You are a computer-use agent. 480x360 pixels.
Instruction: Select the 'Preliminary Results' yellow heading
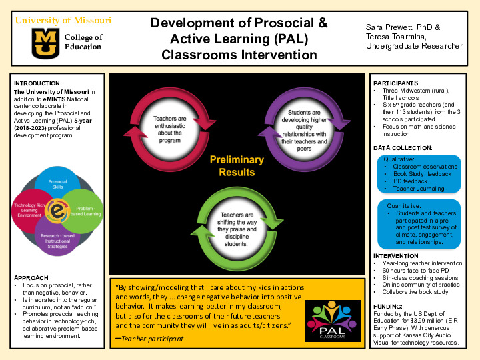pyautogui.click(x=233, y=165)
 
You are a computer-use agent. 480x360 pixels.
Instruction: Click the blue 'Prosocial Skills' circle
pyautogui.click(x=57, y=182)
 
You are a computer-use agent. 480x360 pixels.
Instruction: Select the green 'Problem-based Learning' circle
pyautogui.click(x=85, y=210)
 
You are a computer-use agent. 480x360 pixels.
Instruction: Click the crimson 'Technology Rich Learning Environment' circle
pyautogui.click(x=28, y=209)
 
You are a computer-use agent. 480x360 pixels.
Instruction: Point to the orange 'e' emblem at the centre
pyautogui.click(x=57, y=211)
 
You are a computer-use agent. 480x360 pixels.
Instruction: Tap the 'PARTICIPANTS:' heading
pyautogui.click(x=395, y=83)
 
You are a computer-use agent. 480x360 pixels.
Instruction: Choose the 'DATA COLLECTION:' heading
pyautogui.click(x=403, y=147)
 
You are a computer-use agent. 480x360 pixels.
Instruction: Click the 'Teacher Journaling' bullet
pyautogui.click(x=418, y=189)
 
